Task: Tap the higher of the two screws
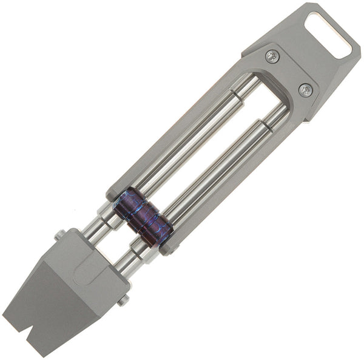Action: (x=272, y=56)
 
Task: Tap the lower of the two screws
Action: (x=306, y=90)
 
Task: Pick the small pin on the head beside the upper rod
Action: (x=60, y=235)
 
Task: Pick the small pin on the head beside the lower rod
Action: (x=123, y=300)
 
